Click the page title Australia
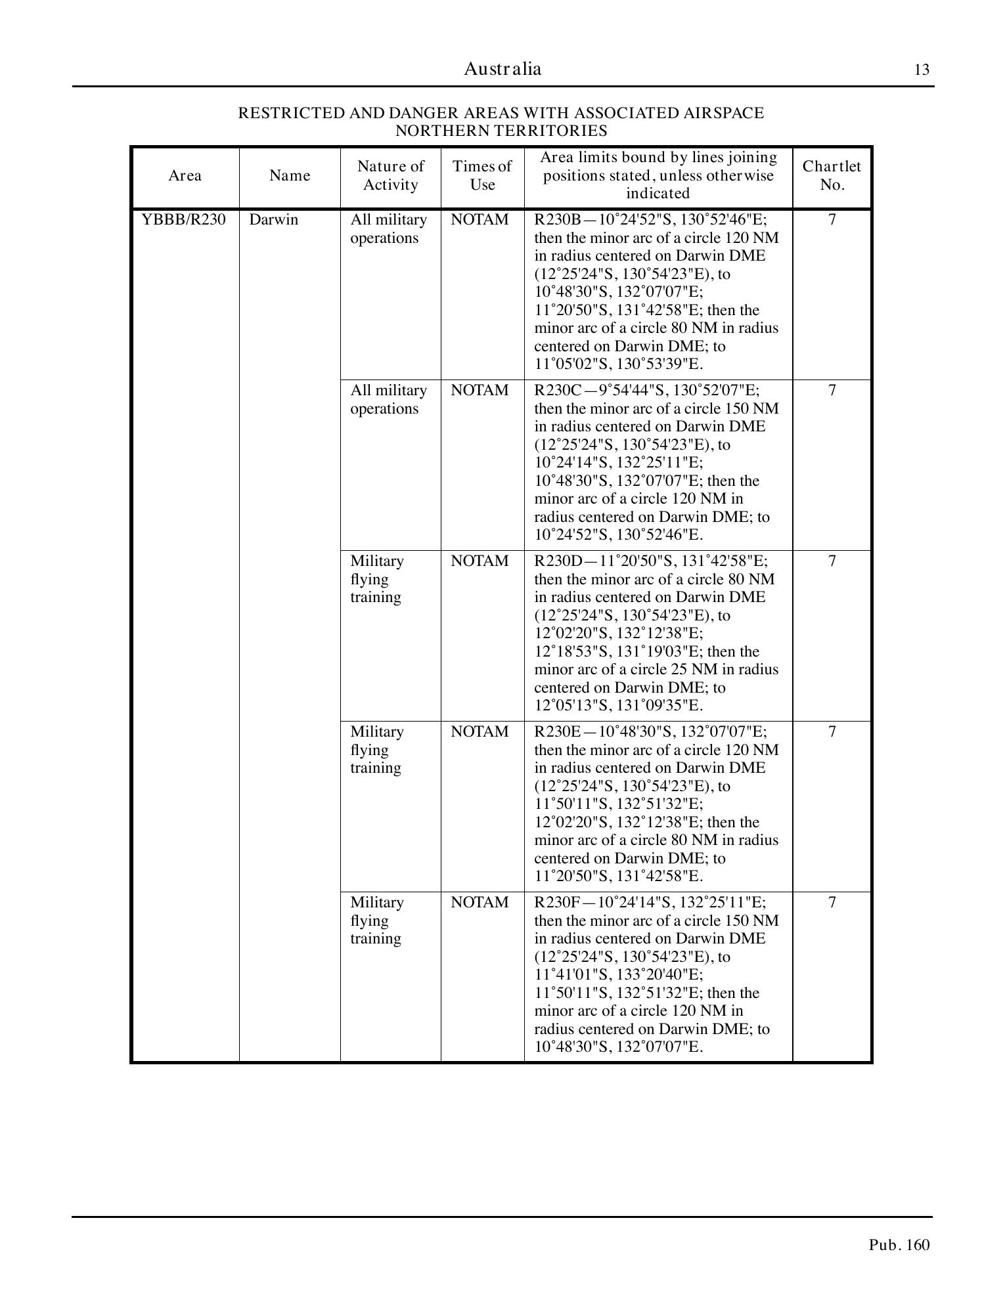[502, 69]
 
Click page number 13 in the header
[922, 70]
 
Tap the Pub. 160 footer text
[899, 1245]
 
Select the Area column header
[185, 176]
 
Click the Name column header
[290, 176]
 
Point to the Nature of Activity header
[390, 175]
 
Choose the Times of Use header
[482, 175]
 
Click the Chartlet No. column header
[832, 175]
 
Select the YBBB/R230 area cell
[184, 220]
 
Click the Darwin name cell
[273, 220]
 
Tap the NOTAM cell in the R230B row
[480, 220]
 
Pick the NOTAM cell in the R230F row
[480, 903]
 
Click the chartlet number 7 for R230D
[832, 561]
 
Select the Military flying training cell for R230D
[377, 579]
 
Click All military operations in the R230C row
[388, 400]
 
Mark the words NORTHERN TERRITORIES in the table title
[501, 131]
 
